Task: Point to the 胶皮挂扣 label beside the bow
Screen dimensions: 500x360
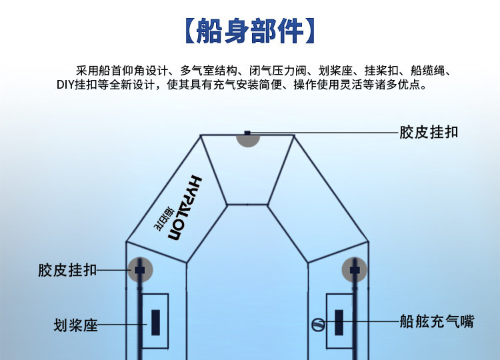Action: point(429,132)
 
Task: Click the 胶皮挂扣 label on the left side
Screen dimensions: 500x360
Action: point(67,270)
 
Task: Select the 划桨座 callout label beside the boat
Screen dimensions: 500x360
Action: point(75,325)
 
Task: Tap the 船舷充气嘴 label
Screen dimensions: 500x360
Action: point(437,322)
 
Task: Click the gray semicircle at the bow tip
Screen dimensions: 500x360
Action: point(248,139)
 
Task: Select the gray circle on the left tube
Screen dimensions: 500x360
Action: point(140,269)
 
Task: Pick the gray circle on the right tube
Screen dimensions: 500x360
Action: point(355,269)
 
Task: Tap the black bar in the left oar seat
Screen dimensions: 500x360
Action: point(155,323)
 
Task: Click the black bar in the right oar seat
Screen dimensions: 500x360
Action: point(339,323)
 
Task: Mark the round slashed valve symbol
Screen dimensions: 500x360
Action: point(317,325)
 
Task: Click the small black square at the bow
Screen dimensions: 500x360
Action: point(247,133)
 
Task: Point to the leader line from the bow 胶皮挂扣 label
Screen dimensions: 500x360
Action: point(320,133)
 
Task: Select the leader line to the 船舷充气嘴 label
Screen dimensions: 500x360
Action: point(370,322)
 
